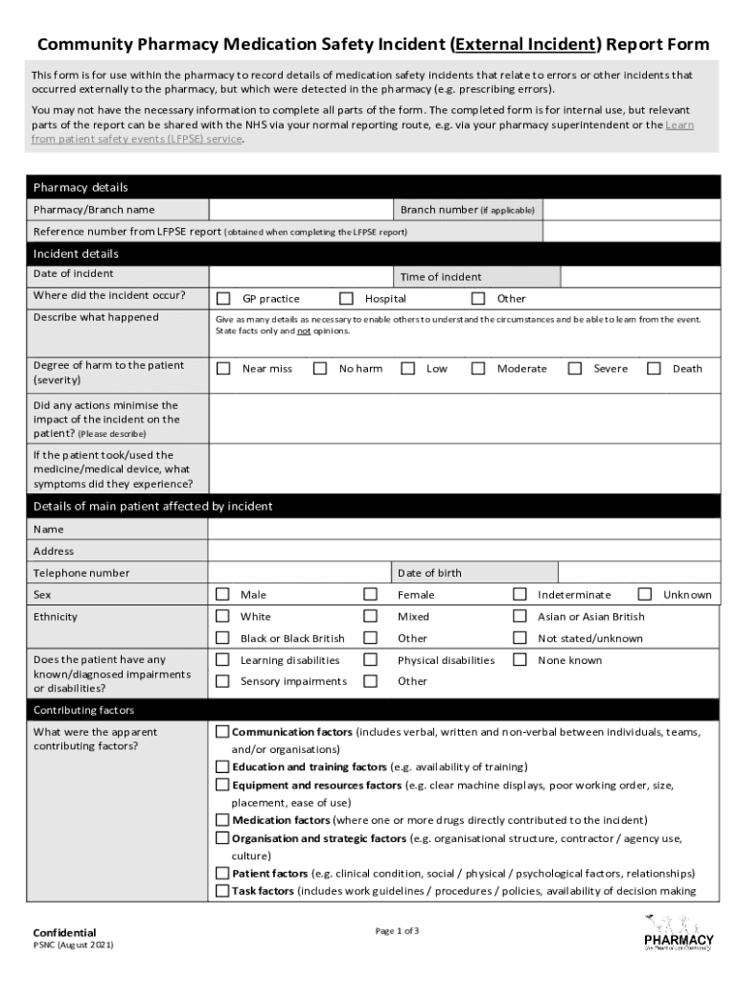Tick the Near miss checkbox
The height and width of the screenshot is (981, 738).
click(x=223, y=368)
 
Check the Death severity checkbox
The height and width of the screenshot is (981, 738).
click(x=654, y=368)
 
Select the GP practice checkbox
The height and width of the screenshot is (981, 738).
click(x=223, y=298)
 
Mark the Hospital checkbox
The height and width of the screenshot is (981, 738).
click(x=346, y=298)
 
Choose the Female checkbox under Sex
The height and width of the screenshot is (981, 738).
click(x=370, y=594)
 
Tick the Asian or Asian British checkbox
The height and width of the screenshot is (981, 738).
click(x=519, y=616)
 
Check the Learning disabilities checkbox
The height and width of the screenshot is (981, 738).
click(x=222, y=659)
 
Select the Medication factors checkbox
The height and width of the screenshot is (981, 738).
click(x=222, y=820)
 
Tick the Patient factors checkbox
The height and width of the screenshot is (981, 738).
click(x=222, y=873)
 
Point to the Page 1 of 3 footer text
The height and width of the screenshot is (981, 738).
click(x=397, y=931)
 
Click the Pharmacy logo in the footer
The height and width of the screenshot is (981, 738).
click(x=679, y=932)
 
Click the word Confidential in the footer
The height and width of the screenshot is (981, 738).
click(x=65, y=932)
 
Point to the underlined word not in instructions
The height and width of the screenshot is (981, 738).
click(x=303, y=331)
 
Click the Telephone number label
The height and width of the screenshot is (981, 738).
click(x=81, y=573)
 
